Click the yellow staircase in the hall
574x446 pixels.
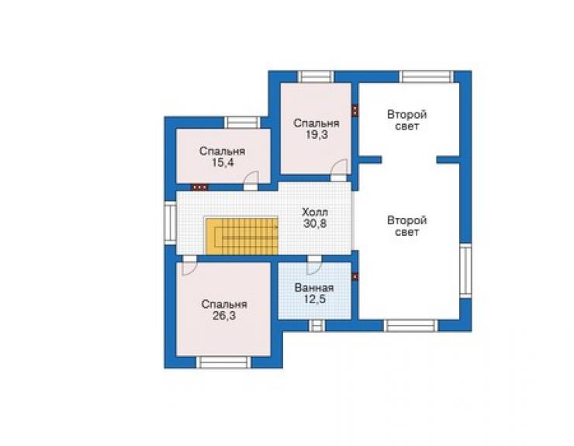242,236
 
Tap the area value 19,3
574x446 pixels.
316,135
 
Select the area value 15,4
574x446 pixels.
222,163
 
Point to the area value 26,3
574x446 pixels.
224,316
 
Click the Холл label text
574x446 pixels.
315,212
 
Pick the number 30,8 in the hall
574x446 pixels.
315,223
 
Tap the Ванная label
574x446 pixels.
314,288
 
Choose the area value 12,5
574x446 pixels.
314,299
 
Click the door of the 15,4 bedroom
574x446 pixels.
251,181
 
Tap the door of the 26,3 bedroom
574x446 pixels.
189,265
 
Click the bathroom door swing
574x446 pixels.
314,265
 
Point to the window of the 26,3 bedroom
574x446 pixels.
223,362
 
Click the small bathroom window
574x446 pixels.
317,326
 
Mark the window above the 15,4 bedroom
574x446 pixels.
242,123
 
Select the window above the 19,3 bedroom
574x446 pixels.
316,77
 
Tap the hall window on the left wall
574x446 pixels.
170,223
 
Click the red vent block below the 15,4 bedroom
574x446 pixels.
200,187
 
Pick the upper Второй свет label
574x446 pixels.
407,120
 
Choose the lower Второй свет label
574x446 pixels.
407,226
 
